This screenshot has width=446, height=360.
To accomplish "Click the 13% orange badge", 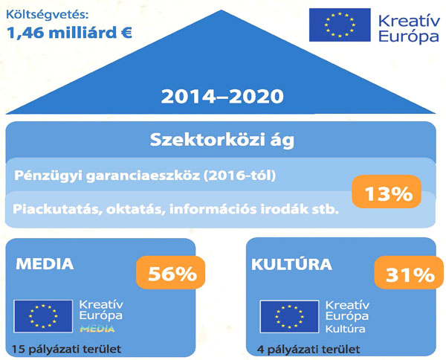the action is (x=387, y=191).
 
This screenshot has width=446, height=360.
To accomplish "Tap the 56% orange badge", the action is (x=170, y=272).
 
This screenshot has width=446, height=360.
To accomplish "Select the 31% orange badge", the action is (x=409, y=272).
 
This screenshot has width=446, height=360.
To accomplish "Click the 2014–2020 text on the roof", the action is (x=222, y=96).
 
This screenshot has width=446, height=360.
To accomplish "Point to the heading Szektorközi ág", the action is (x=222, y=140).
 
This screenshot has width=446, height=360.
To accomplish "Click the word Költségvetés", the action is (x=48, y=15).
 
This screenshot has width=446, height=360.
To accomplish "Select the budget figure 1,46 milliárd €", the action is (x=69, y=33).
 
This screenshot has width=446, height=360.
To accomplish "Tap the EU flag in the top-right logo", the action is (x=340, y=25).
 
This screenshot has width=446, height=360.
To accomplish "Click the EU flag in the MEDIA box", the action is (x=43, y=316).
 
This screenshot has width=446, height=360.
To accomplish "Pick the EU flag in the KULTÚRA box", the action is (x=289, y=316).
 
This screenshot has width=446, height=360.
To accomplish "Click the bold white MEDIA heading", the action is (x=45, y=264).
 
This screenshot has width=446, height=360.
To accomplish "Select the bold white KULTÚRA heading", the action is (x=291, y=264).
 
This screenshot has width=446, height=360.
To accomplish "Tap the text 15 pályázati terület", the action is (x=66, y=349).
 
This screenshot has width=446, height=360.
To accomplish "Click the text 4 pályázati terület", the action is (x=308, y=349).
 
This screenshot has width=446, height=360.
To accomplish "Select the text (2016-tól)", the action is (x=239, y=176).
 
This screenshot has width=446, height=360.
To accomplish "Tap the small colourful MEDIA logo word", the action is (x=97, y=329).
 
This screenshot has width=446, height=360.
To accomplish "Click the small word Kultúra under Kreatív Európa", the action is (x=346, y=330).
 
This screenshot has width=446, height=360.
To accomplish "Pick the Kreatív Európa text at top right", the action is (x=409, y=28).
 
